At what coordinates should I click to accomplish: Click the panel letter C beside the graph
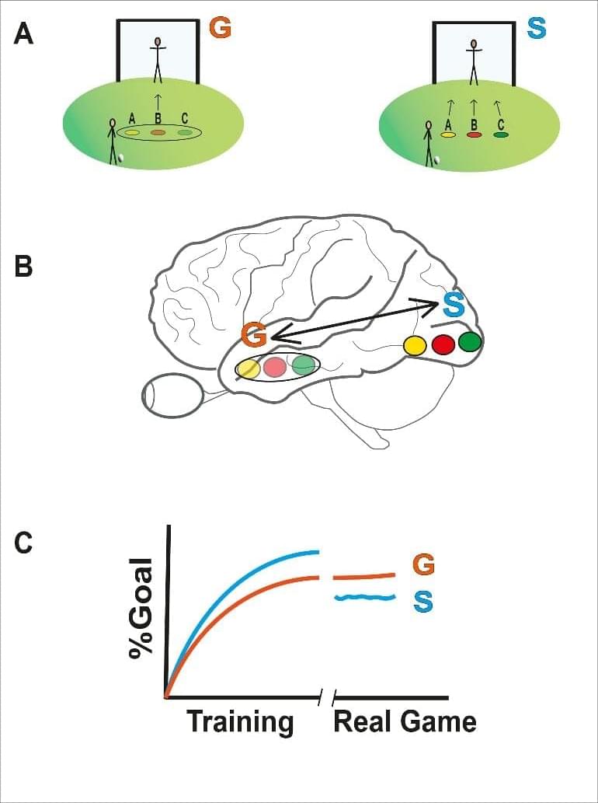point(24,542)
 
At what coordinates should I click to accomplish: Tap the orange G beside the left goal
point(221,30)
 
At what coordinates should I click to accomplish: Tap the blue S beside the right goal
point(536,29)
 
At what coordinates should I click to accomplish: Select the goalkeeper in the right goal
point(473,58)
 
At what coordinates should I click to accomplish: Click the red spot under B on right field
point(474,134)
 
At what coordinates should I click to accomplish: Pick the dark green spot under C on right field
point(501,134)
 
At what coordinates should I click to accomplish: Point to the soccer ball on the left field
point(120,159)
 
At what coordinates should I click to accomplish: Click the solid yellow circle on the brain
point(415,345)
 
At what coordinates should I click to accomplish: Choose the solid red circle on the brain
point(443,344)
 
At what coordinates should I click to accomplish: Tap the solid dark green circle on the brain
point(470,341)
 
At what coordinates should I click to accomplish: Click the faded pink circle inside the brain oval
point(276,367)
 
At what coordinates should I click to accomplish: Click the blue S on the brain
point(454,304)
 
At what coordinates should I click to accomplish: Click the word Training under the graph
point(240,721)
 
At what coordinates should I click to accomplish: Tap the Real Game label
point(404,721)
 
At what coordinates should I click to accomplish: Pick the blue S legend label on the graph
point(424,600)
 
